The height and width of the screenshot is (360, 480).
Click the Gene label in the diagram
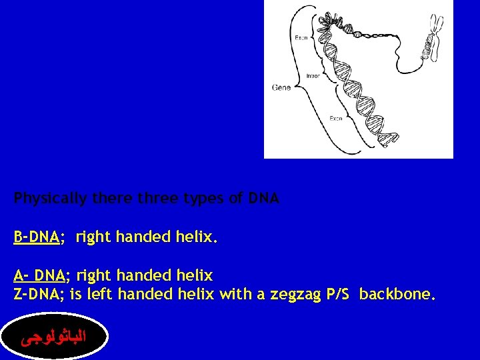pos(281,88)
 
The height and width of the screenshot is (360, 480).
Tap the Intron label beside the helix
pos(313,76)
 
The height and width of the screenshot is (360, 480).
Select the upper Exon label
pos(301,38)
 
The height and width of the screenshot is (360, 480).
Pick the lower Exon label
pos(335,118)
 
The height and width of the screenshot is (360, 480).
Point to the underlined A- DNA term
pos(39,275)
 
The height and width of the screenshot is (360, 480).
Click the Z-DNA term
pos(38,294)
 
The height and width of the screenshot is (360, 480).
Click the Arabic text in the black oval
pos(55,339)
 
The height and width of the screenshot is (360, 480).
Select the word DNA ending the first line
pos(264,199)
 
